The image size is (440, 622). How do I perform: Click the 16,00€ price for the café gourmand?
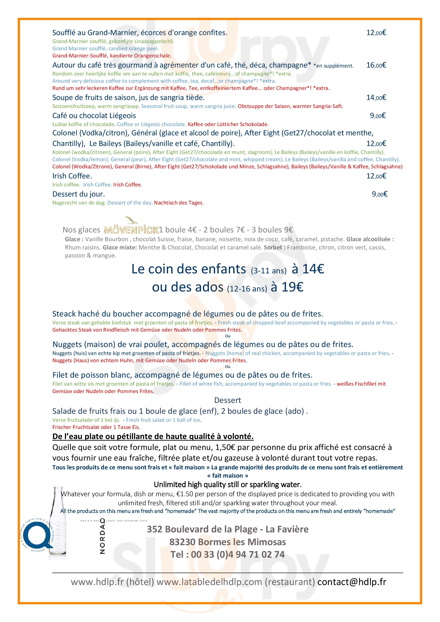(x=376, y=65)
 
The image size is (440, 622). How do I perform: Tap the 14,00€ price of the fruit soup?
(x=376, y=98)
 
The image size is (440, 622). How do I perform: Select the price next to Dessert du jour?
(x=379, y=194)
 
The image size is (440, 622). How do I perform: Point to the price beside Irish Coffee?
(x=376, y=176)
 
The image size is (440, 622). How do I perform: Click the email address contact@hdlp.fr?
(x=352, y=582)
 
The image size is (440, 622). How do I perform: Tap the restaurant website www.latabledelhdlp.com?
(x=209, y=582)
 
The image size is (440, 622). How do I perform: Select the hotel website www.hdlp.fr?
(x=97, y=582)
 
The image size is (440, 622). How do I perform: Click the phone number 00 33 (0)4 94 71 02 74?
(x=238, y=554)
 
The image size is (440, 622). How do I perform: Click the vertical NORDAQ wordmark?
(x=102, y=536)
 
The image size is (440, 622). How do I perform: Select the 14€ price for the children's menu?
(x=313, y=269)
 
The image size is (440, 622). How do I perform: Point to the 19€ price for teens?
(x=292, y=287)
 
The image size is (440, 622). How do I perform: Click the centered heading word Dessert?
(x=228, y=400)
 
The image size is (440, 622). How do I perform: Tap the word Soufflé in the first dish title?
(x=64, y=33)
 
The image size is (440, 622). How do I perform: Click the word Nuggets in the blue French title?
(x=67, y=345)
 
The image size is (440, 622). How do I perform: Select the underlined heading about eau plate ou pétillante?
(x=153, y=436)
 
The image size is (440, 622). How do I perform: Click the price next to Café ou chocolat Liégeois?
(x=378, y=116)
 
